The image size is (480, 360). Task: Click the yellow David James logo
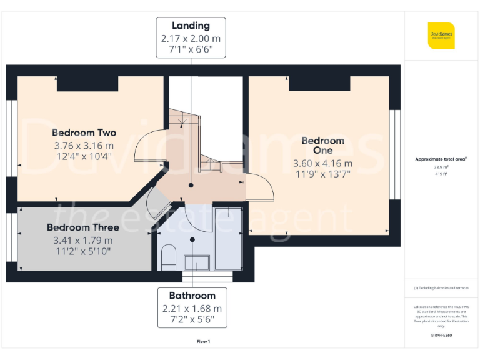441,36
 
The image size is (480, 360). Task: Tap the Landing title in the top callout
191,26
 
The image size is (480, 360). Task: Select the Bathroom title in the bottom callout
192,296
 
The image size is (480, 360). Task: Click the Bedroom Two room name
84,132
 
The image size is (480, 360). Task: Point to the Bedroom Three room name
79,227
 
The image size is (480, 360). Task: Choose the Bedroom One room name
322,146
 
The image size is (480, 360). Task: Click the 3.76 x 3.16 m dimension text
84,146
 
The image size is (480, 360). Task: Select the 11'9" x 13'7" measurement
322,174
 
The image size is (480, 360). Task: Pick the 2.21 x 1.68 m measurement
192,309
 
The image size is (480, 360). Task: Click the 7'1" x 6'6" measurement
191,49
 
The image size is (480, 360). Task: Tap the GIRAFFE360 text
441,336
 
